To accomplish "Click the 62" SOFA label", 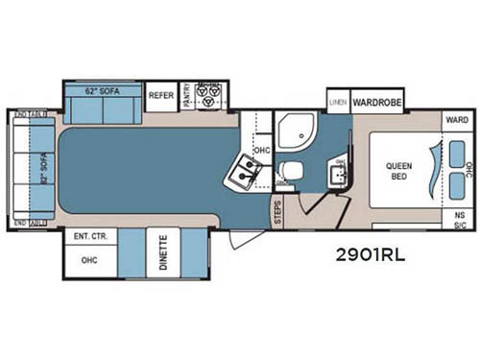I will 105,92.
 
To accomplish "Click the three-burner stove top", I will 208,96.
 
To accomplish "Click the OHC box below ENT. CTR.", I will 89,258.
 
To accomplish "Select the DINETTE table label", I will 163,252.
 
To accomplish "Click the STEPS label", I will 276,211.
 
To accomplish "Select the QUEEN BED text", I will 399,171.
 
